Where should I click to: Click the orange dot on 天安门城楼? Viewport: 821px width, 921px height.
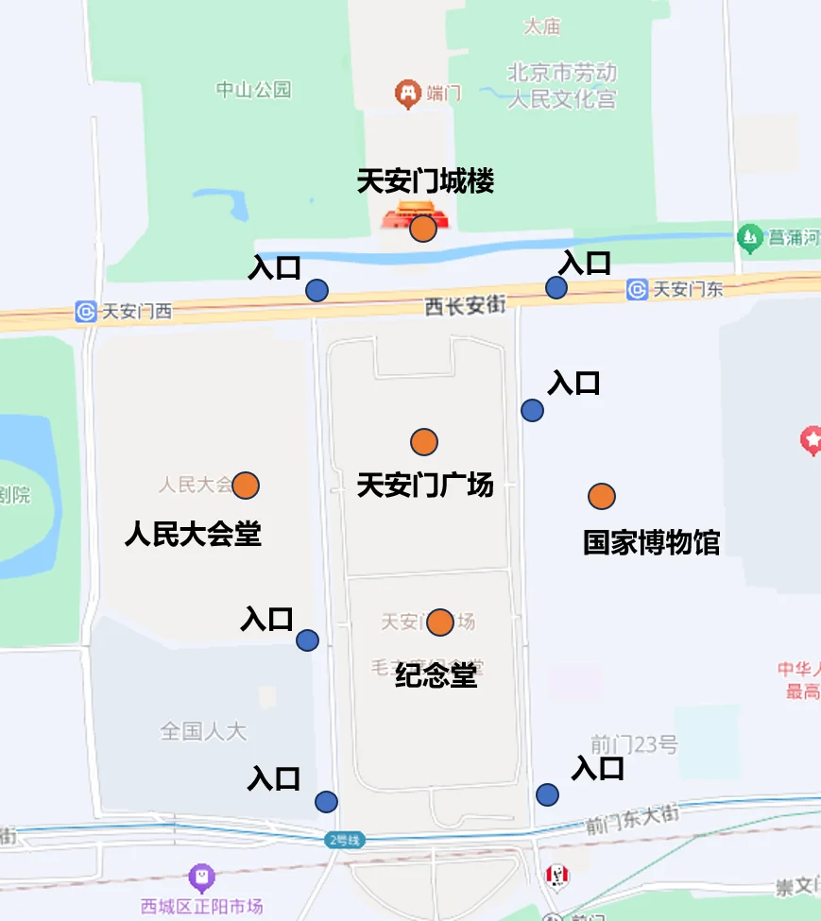point(423,228)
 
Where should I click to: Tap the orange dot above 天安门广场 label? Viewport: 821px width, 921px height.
point(424,441)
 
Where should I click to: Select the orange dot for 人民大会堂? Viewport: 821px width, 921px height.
point(246,485)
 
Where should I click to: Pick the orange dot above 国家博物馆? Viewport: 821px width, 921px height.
point(602,496)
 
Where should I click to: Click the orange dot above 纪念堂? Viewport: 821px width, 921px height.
point(440,623)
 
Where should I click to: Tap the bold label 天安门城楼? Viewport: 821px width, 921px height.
point(425,181)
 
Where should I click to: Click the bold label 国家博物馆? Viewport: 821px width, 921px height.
point(651,543)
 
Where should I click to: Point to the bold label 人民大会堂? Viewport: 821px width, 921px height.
point(193,535)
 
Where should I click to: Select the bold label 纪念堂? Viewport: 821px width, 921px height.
point(436,675)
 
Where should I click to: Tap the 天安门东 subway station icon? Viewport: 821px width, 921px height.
point(637,289)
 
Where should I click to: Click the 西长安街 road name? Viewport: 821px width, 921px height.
point(465,305)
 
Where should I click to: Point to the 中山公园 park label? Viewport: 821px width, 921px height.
point(253,90)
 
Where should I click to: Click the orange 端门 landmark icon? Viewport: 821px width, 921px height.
point(407,94)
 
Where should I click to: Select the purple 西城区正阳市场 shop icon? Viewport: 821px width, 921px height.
point(201,878)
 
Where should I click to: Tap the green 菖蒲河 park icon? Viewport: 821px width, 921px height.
point(750,236)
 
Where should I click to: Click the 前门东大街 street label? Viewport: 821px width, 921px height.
point(632,819)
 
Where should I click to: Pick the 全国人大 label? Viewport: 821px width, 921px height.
point(203,730)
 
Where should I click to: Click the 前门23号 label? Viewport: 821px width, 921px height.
point(634,744)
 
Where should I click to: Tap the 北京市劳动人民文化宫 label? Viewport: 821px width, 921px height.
point(563,85)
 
